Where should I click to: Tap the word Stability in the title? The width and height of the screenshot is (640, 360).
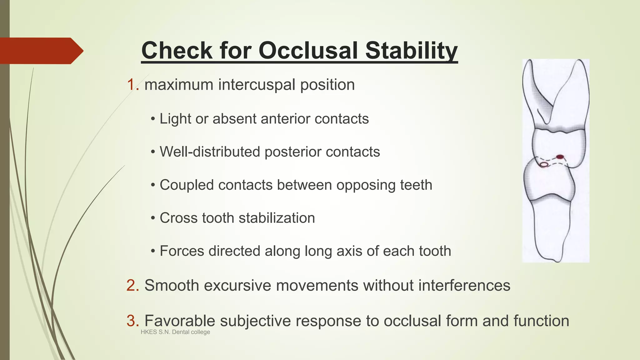411,51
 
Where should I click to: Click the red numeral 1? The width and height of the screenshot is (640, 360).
131,85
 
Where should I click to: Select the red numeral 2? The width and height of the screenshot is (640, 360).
132,285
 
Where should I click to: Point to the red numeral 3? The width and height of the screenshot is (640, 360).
132,321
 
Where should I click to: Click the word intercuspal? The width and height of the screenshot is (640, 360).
257,85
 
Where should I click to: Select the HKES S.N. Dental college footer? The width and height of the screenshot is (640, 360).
175,332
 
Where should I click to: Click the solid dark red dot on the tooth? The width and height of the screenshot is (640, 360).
560,157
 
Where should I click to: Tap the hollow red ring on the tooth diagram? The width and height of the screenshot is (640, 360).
544,165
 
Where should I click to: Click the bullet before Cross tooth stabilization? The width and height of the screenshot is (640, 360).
152,218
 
